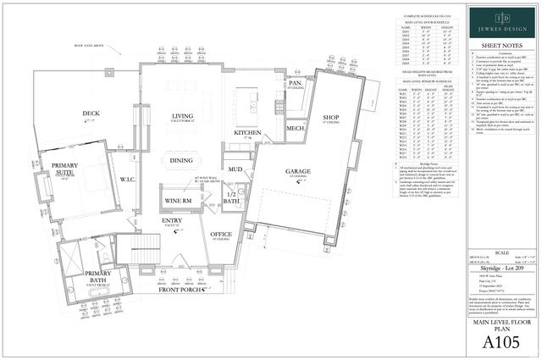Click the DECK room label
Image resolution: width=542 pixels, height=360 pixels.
[91, 114]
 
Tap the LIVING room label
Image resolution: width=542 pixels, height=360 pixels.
[182, 117]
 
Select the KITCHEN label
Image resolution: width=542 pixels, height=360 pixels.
[247, 133]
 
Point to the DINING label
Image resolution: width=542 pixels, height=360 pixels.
[181, 160]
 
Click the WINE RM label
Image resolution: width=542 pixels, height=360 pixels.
[178, 201]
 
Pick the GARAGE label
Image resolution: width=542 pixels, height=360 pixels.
[296, 171]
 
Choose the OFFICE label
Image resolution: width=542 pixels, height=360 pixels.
[222, 234]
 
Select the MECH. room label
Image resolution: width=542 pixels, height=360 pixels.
[295, 129]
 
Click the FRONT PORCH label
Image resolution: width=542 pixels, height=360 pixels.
[180, 290]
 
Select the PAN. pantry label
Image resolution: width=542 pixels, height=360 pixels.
[296, 84]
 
